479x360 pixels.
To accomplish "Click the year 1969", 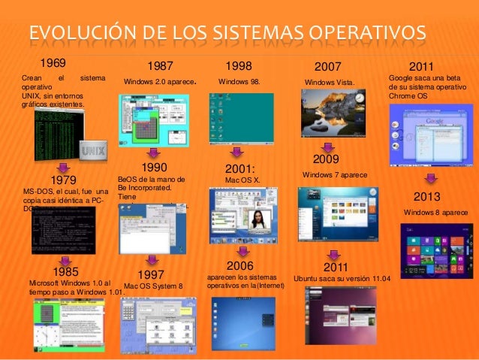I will click(52, 62).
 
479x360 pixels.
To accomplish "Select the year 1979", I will click(66, 181).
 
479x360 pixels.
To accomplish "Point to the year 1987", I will click(162, 67).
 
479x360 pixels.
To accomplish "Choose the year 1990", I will click(153, 167).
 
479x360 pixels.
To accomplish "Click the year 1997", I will click(152, 274).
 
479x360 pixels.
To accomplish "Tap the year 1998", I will click(239, 66).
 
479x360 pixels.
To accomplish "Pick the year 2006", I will click(240, 266).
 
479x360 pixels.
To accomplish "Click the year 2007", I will click(327, 67).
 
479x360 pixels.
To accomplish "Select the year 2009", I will click(327, 159).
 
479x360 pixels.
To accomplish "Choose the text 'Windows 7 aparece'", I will click(334, 174).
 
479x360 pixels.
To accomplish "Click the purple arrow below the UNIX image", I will click(63, 165).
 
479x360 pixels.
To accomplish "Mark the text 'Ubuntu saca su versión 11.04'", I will click(342, 279).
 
